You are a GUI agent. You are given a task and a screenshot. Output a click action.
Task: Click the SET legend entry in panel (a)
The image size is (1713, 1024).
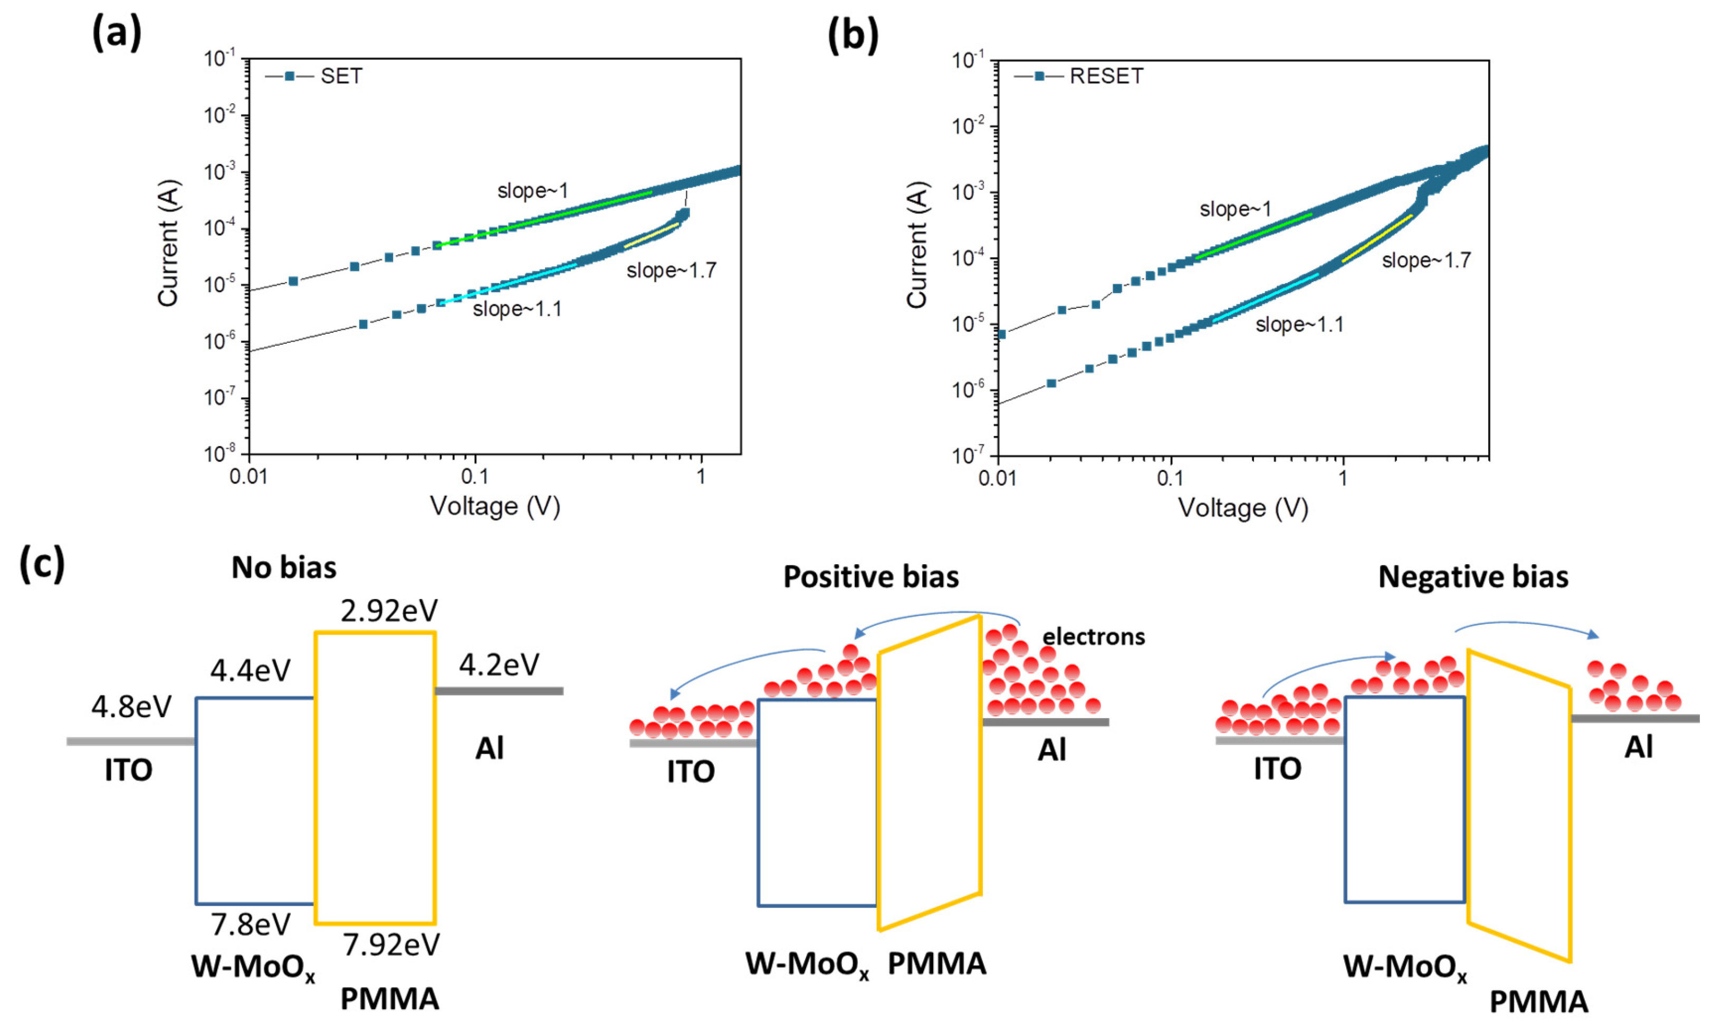(341, 76)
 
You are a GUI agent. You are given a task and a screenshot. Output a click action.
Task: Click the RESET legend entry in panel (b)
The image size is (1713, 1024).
(1106, 76)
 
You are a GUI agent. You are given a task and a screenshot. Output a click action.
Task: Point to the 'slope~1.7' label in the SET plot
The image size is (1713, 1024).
(671, 271)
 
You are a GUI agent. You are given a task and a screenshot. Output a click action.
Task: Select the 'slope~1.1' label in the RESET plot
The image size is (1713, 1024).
(1299, 324)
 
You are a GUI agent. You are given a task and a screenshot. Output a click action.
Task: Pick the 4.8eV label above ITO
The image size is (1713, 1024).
(131, 707)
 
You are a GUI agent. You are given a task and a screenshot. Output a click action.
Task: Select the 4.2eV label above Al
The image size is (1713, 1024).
(499, 664)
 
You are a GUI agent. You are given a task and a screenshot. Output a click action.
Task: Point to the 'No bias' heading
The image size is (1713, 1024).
(284, 568)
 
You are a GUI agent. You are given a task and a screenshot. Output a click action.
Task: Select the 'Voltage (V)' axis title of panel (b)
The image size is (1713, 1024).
(1243, 508)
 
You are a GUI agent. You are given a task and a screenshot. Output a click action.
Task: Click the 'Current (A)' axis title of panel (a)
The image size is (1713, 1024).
(168, 243)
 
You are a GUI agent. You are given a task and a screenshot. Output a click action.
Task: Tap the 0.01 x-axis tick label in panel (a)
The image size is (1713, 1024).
(248, 477)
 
